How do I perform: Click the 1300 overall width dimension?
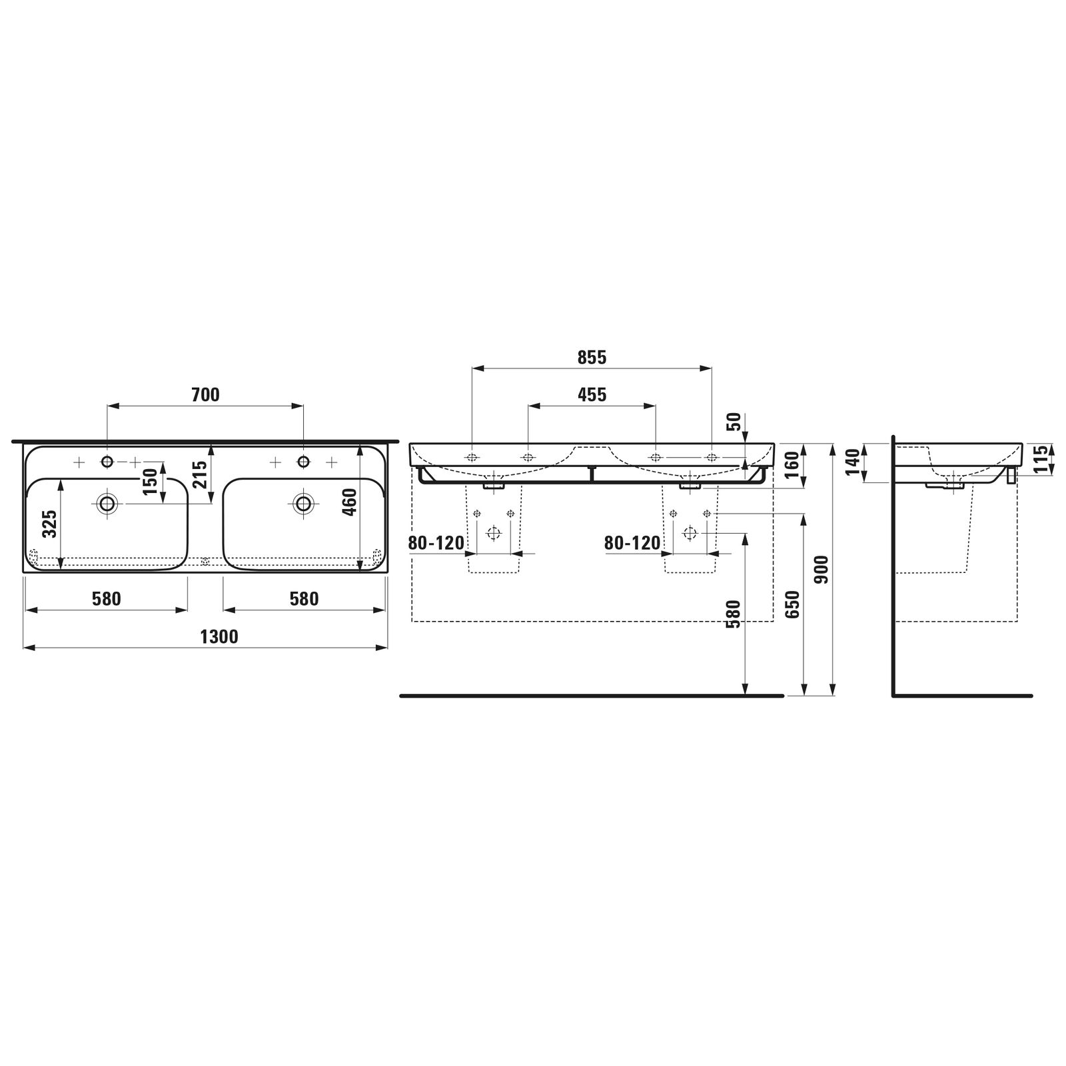pos(219,638)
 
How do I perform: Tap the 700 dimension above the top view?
pos(205,395)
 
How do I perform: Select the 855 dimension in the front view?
pos(592,358)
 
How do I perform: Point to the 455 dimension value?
pos(592,395)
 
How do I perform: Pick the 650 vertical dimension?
pos(792,604)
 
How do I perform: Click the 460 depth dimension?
pos(350,502)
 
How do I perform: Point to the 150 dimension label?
pos(150,482)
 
